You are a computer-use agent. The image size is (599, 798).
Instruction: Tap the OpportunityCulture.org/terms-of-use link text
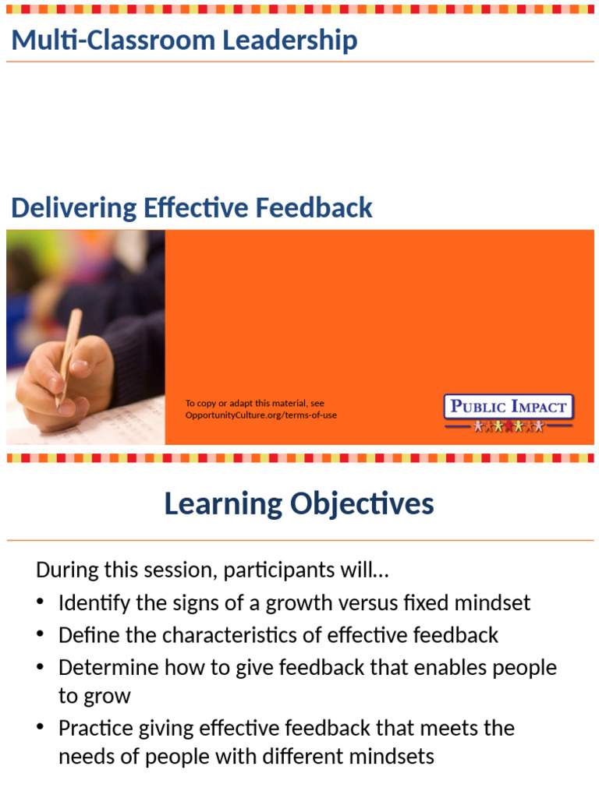coord(261,415)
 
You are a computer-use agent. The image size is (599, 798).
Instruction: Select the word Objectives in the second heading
coord(362,504)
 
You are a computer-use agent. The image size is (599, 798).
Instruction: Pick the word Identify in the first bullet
coord(94,602)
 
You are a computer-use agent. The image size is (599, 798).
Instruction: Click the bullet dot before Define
coord(41,635)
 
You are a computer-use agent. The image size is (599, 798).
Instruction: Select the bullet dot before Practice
coord(41,729)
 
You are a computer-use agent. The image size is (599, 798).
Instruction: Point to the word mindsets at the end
coord(393,756)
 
